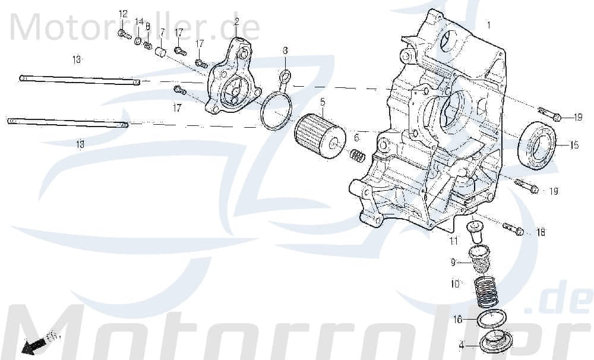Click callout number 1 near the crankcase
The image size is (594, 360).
(489, 26)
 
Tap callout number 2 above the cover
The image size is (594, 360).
(236, 22)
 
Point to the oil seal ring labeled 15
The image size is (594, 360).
(538, 145)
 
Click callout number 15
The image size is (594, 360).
(574, 145)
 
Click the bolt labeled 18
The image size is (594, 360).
(514, 229)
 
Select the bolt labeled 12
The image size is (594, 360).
(124, 34)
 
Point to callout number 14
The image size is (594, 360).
(138, 22)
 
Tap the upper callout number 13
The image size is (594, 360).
(77, 59)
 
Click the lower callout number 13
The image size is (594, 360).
(80, 144)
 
